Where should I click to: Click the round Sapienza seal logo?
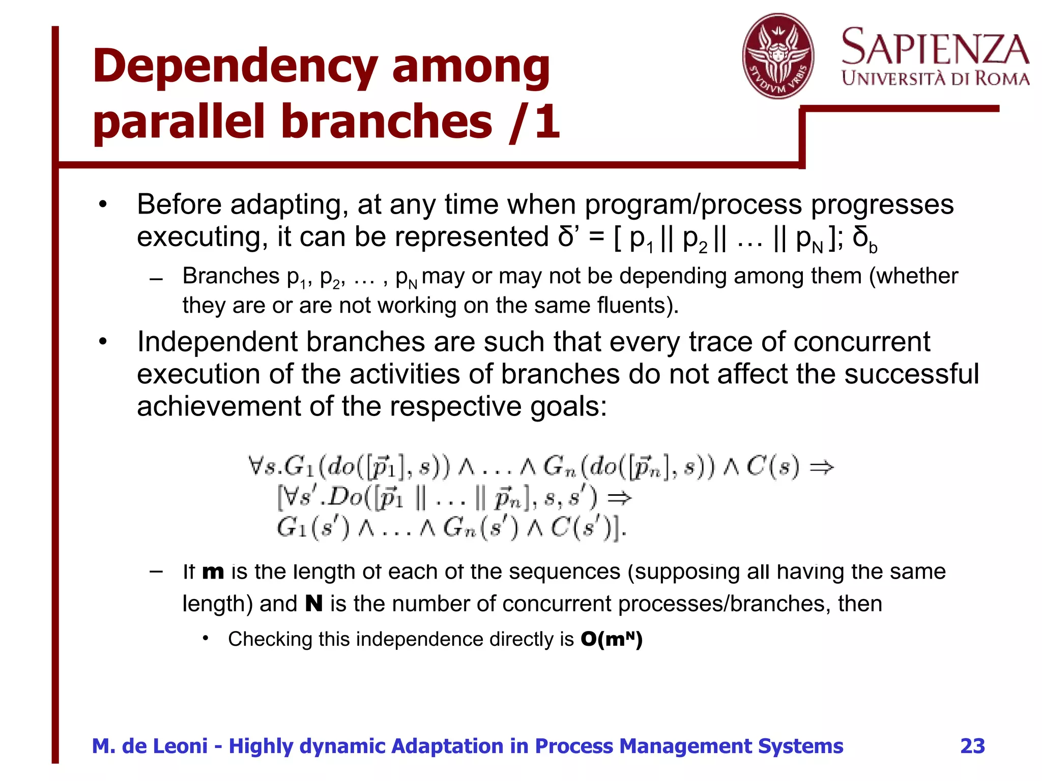click(777, 56)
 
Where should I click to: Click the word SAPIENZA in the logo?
click(935, 47)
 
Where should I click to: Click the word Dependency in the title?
click(234, 68)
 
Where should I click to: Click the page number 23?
click(972, 746)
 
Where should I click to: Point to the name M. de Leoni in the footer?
click(150, 746)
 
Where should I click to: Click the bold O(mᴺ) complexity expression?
click(612, 639)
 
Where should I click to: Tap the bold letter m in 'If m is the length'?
click(213, 572)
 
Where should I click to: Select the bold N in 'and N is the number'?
click(314, 604)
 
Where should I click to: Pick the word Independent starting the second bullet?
click(217, 342)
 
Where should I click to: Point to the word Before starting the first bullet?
click(179, 204)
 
